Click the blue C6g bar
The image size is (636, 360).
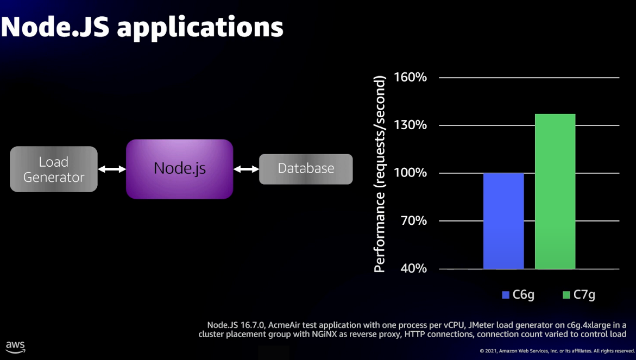(x=503, y=221)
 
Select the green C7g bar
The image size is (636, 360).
(x=555, y=191)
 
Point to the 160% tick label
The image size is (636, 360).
(x=410, y=78)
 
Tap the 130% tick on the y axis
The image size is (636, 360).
(x=410, y=125)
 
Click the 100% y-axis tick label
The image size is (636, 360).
(x=410, y=173)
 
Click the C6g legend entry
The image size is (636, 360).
(x=519, y=295)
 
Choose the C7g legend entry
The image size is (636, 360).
(x=579, y=295)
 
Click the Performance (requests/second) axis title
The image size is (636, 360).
(x=381, y=173)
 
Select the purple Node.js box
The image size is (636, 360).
(x=180, y=169)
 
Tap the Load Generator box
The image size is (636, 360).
(x=54, y=169)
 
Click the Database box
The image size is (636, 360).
(x=306, y=169)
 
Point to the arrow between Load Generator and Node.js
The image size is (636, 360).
(x=112, y=169)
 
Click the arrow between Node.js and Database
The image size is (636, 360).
(x=246, y=169)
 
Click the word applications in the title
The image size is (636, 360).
(x=200, y=27)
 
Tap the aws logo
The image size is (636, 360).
(x=15, y=346)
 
